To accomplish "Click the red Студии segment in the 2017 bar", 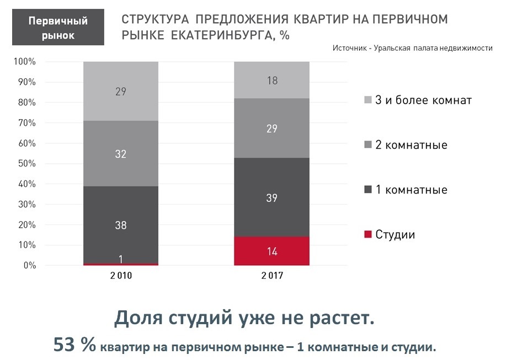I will [272, 251].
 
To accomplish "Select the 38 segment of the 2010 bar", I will [121, 225].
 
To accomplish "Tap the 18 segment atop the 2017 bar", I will [272, 80].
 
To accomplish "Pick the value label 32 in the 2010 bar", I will [121, 154].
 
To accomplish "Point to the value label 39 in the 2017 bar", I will [272, 198].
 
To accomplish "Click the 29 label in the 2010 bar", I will [121, 92].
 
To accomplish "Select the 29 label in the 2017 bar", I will [272, 128].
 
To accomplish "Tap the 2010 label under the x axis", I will [121, 275].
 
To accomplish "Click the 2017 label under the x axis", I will [272, 275].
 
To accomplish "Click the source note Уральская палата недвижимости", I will [433, 48].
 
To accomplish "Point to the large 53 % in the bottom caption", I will [74, 345].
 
